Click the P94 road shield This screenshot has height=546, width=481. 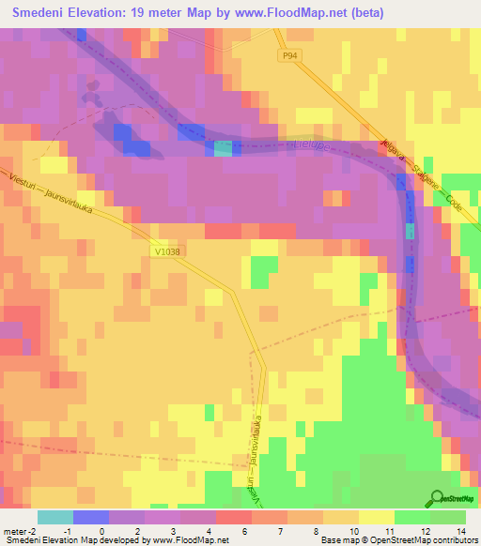[291, 57]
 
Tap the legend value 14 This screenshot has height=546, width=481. [458, 531]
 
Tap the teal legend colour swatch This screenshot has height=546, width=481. [55, 517]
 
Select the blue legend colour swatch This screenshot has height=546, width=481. [91, 517]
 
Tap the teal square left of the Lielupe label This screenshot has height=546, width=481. [222, 148]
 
